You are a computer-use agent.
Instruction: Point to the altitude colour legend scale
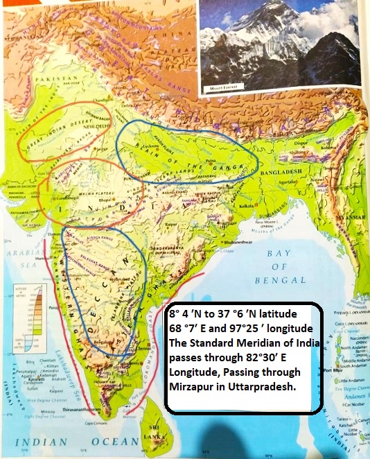[30, 311]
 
